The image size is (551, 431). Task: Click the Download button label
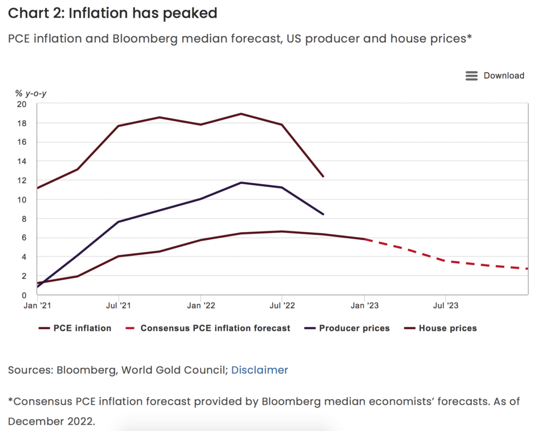tap(504, 75)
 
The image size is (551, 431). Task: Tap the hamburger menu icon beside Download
tap(471, 76)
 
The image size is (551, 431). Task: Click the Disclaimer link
tap(259, 370)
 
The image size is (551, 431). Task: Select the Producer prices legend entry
tap(354, 328)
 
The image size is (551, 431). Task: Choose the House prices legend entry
tap(448, 328)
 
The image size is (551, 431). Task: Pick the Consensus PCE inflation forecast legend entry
tap(215, 328)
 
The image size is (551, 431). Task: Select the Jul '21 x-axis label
tap(118, 305)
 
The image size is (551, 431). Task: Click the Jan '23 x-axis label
tap(364, 305)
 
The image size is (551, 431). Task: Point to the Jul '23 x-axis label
tap(446, 305)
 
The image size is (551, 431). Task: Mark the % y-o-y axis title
tap(31, 94)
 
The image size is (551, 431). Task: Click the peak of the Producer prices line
tap(241, 183)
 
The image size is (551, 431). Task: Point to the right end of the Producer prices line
tap(323, 214)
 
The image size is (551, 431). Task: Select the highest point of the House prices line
tap(241, 114)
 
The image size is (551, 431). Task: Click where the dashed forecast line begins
tap(365, 239)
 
